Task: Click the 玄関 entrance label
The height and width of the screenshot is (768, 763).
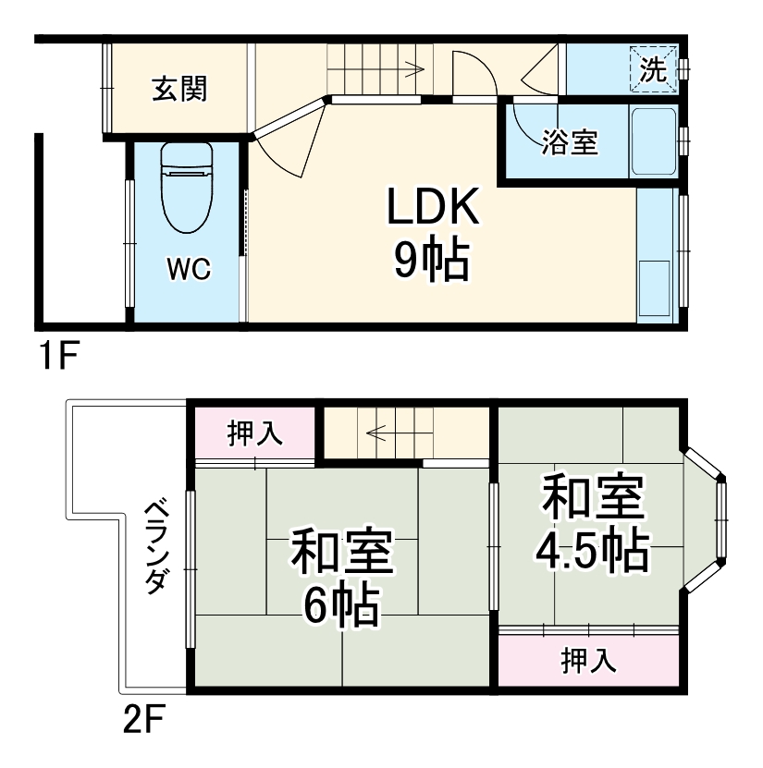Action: point(179,90)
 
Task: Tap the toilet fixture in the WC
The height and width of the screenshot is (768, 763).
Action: point(188,189)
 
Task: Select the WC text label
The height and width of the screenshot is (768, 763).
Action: point(188,269)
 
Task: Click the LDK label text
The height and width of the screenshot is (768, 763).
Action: point(432,208)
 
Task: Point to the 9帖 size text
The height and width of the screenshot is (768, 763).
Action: point(432,261)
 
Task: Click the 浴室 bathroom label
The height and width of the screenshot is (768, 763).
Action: point(570,143)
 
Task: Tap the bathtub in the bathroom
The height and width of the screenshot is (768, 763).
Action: point(653,143)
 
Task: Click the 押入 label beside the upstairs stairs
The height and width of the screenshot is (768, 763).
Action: point(254,433)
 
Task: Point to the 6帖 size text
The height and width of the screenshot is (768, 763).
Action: point(341,607)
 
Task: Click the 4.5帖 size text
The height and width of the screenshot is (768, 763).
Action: point(591,552)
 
